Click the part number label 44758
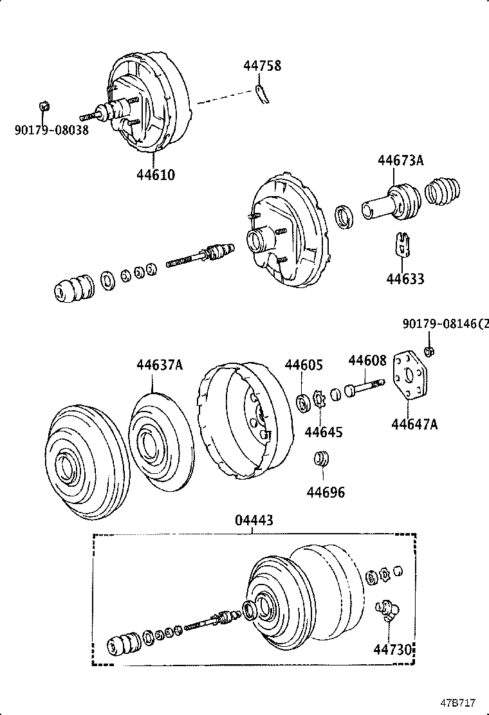click(x=262, y=66)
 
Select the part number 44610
click(x=155, y=174)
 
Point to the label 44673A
click(x=400, y=161)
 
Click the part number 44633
click(x=405, y=279)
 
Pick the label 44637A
click(x=160, y=365)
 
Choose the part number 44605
click(x=304, y=365)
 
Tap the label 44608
click(x=367, y=361)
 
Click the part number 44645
click(x=324, y=431)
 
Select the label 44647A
click(x=414, y=424)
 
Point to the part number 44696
click(x=326, y=493)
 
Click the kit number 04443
click(x=254, y=520)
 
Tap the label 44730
click(x=392, y=649)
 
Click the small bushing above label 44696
click(x=320, y=460)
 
